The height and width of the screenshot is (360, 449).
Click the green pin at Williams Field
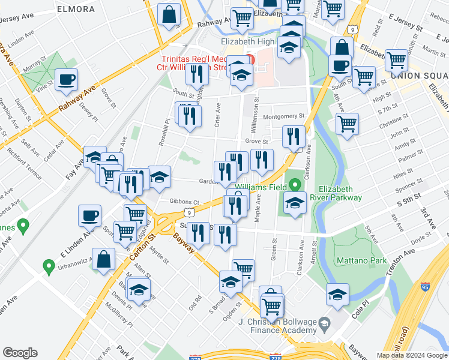pos(294,185)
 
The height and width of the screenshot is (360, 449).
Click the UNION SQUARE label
pos(418,76)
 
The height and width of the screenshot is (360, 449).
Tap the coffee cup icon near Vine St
pos(66,79)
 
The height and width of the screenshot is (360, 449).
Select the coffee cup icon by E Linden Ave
pos(90,215)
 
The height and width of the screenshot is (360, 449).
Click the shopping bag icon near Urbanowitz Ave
pos(104,259)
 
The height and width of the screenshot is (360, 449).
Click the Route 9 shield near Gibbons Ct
pos(189,212)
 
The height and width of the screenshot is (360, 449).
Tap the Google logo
pos(20,352)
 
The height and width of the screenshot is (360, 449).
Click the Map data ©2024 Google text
pos(411,355)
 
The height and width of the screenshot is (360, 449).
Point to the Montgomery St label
pos(284,116)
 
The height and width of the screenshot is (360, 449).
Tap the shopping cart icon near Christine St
pos(347,124)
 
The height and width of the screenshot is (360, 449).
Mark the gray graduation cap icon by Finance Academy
pos(324,325)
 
